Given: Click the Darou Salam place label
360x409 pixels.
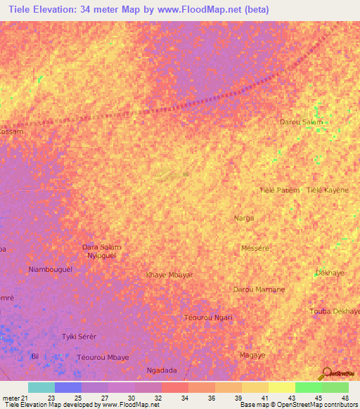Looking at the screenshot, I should (302, 122).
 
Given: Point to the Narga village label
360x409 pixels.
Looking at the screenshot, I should (243, 219).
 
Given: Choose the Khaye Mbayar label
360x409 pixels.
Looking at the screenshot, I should (169, 275).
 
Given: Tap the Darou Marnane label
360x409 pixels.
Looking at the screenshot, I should (259, 290).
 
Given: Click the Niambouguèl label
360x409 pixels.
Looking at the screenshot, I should (50, 270).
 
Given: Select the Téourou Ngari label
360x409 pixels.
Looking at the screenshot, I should (207, 318).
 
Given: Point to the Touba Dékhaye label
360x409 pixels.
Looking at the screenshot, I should (335, 311).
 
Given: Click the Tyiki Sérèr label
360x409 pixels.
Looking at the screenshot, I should (79, 337).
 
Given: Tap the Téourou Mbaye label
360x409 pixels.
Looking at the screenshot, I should (103, 358).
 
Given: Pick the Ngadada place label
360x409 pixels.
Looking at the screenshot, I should (161, 370).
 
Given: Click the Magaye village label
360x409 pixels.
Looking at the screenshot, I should (252, 356).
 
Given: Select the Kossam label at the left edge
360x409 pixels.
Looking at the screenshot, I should (11, 132).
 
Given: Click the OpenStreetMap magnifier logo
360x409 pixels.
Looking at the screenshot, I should (327, 373).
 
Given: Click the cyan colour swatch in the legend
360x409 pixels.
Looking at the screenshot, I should (41, 387).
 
